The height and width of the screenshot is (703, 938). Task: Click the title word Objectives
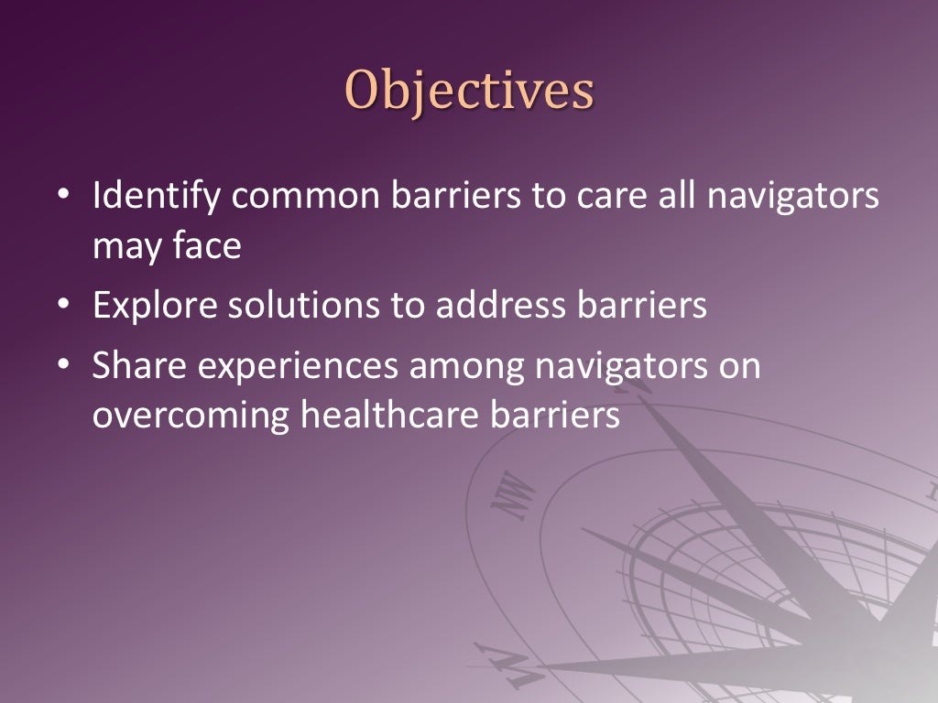(469, 92)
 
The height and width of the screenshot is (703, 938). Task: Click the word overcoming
(190, 415)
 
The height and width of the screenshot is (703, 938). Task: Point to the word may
(125, 248)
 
